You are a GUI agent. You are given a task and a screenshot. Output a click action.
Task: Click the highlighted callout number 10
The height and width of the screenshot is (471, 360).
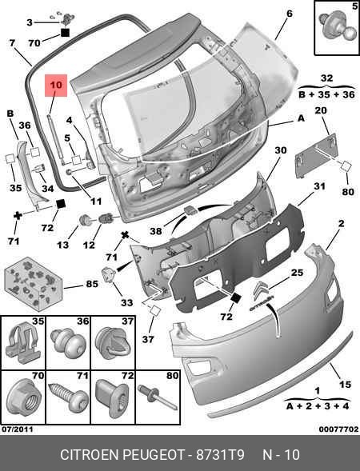[56, 85]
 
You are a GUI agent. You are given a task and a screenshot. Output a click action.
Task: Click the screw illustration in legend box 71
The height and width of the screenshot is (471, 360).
[69, 397]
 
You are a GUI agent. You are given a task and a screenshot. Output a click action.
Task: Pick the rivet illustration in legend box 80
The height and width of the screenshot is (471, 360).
[158, 397]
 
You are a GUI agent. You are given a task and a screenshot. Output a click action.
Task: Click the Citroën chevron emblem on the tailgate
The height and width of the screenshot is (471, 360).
[262, 290]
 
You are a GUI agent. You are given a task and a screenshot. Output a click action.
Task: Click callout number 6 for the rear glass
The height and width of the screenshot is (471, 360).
[289, 14]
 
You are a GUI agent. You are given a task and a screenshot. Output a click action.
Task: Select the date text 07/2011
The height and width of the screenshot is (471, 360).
[18, 429]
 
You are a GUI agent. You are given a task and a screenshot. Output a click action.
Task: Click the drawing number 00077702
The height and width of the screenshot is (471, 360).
[338, 429]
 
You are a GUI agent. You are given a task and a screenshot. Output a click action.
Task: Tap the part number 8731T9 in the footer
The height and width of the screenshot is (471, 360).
[220, 455]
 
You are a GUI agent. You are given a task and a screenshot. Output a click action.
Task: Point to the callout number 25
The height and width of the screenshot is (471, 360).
[297, 273]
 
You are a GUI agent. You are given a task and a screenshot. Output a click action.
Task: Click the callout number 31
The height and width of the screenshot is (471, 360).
[319, 186]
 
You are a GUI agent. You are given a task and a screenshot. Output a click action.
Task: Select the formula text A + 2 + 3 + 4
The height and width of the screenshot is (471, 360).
[318, 406]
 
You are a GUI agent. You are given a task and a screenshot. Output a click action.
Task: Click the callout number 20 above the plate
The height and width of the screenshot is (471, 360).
[321, 110]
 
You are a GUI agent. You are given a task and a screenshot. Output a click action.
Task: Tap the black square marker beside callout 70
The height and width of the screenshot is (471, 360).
[65, 32]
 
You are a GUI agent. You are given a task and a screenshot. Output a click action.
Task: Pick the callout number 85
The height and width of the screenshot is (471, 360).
[92, 284]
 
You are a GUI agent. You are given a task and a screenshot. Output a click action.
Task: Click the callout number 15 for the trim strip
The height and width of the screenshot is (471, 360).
[345, 384]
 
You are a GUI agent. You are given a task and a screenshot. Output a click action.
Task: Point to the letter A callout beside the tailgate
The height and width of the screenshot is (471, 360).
[301, 118]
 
